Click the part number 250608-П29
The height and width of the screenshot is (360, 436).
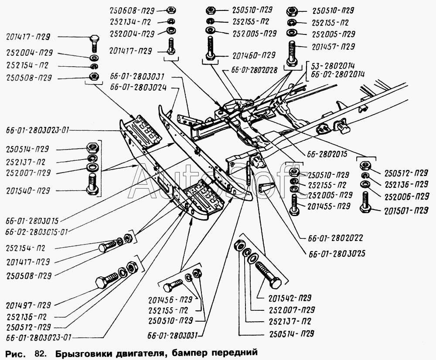[x=130, y=9]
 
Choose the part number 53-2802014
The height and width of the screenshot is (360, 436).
[x=333, y=65]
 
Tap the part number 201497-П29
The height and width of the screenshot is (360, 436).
[x=28, y=304]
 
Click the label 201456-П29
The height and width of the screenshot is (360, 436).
[x=170, y=300]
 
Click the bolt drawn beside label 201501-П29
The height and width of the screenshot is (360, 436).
[x=364, y=203]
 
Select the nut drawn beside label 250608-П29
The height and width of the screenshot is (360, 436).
[x=171, y=10]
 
